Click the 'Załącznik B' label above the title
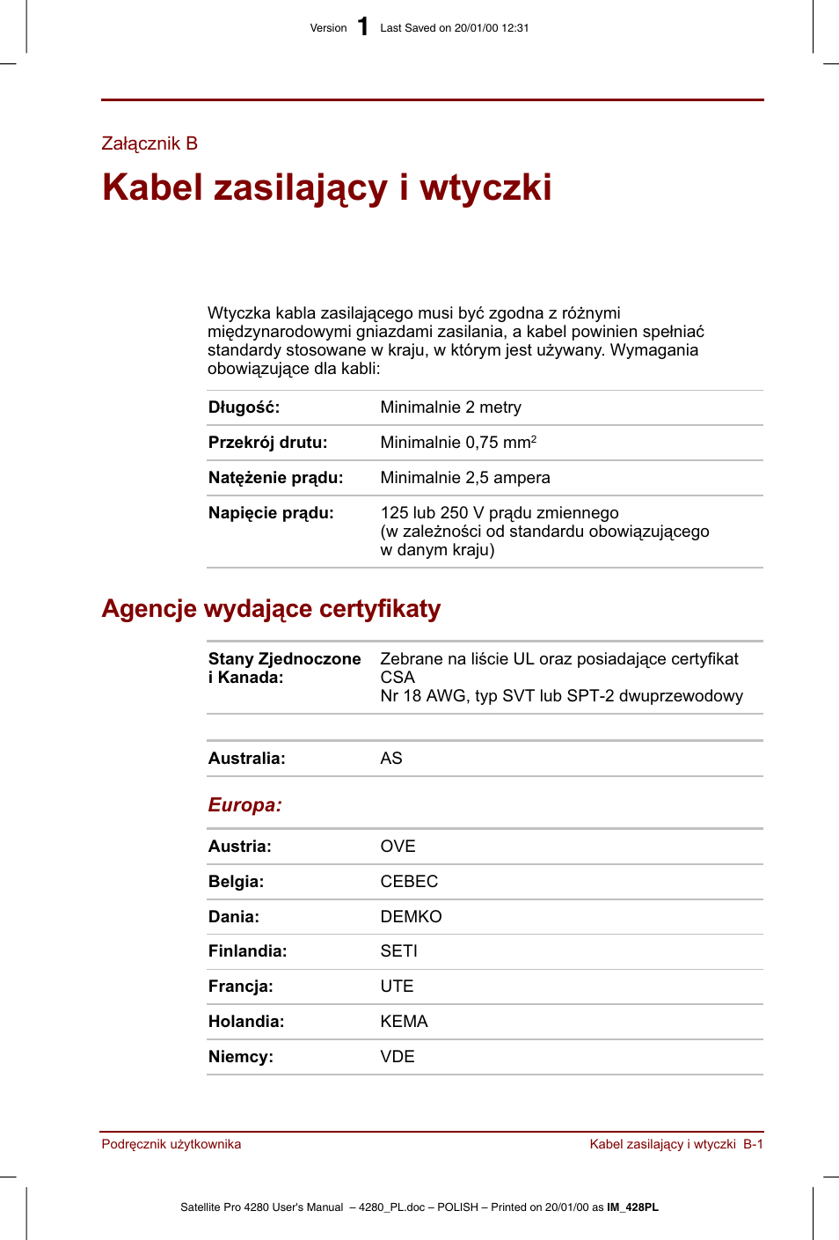[150, 143]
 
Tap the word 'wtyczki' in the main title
[485, 187]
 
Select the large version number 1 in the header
[363, 26]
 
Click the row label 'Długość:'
[244, 407]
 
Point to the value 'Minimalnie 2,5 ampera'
[464, 478]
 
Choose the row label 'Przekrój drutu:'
[267, 443]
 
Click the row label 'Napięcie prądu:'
[271, 513]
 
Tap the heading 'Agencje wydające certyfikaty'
[271, 609]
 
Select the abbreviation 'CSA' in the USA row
[398, 678]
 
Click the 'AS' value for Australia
[391, 759]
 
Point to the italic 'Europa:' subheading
[244, 805]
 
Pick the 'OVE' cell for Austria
[398, 847]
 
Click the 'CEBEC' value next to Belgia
[409, 882]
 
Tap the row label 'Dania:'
[233, 917]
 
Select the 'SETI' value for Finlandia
[398, 951]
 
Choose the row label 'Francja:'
[240, 987]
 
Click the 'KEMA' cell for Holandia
[404, 1022]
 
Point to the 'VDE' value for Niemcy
[398, 1057]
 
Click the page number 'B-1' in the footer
[753, 1144]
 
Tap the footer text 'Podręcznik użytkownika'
[171, 1144]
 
